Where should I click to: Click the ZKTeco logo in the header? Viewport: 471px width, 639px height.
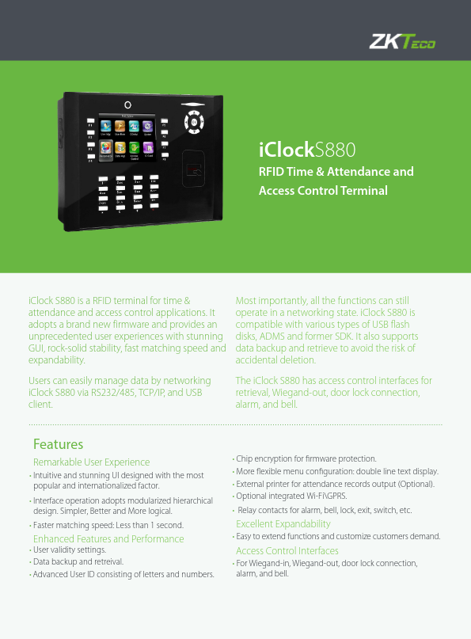click(x=402, y=42)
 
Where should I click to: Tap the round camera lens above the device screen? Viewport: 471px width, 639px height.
click(x=127, y=105)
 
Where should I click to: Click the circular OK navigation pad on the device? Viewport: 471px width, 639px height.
click(x=193, y=122)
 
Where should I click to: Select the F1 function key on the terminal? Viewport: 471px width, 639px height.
click(x=90, y=125)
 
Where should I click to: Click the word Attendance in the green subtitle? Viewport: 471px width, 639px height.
click(x=356, y=172)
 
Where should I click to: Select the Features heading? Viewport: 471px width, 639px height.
click(x=58, y=444)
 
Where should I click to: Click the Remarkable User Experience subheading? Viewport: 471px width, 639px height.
click(x=91, y=462)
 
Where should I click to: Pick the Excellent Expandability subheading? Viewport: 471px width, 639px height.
click(x=283, y=523)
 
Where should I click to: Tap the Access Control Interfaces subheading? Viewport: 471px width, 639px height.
click(x=287, y=550)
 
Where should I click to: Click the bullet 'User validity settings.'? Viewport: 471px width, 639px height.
click(x=69, y=550)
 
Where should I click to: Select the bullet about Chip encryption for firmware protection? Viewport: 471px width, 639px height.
click(x=308, y=458)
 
